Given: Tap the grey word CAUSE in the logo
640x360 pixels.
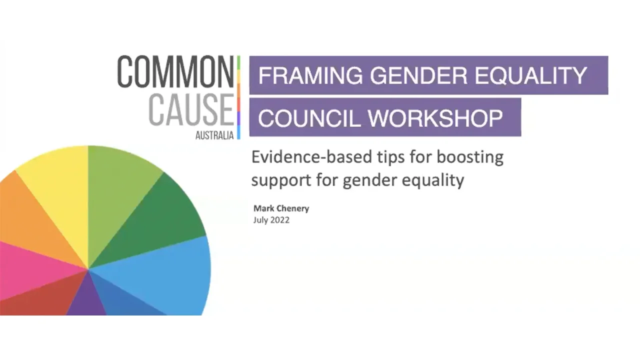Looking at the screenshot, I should (x=191, y=109).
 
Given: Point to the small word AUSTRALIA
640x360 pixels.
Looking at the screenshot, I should (x=215, y=135).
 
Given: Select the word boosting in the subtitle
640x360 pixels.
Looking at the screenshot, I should (x=469, y=157).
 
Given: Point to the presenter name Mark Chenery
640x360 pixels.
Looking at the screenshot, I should (x=281, y=208).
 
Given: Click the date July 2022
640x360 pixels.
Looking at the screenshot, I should (x=271, y=219).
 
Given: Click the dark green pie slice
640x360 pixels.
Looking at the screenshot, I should (x=160, y=220).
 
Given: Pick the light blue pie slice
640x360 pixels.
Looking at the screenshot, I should (x=175, y=275).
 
